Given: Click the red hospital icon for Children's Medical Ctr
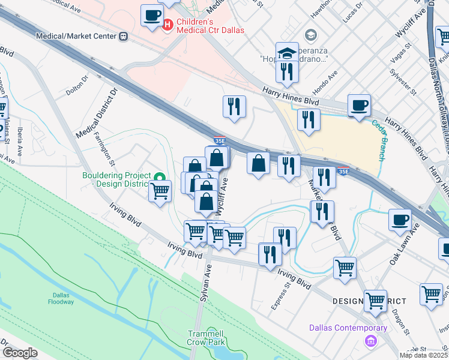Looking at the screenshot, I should tap(168, 25).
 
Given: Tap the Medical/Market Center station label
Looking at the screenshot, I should tap(76, 36).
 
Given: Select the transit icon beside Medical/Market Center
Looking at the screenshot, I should tap(124, 36).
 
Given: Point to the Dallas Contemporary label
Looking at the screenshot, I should tap(348, 328).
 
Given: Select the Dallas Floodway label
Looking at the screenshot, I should tap(63, 298).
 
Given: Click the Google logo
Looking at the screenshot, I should tap(20, 353).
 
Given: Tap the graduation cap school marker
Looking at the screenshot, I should tap(288, 52).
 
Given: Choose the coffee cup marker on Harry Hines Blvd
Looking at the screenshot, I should tap(359, 105).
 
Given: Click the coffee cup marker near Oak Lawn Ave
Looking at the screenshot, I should tap(400, 220).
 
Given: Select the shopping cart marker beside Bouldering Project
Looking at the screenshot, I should tap(160, 191).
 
